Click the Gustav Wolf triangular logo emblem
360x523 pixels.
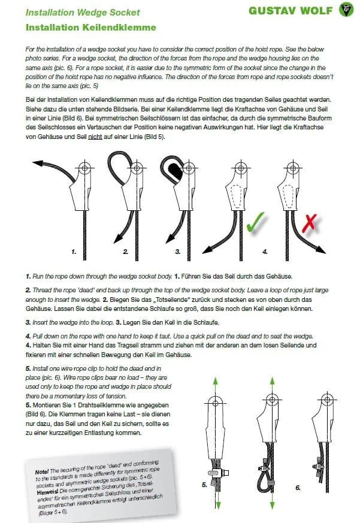(346, 10)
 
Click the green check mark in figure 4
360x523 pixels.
(255, 221)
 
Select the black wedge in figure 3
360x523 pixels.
(174, 171)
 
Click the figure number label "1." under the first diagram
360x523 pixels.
(74, 252)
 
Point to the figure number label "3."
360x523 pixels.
(177, 252)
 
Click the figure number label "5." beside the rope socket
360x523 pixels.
(204, 484)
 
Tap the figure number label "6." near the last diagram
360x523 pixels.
(298, 487)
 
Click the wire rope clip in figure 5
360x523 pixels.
(218, 472)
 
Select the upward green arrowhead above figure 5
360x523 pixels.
(216, 381)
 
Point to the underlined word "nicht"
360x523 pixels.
(95, 137)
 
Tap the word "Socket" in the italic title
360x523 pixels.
(125, 13)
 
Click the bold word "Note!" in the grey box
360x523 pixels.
(42, 472)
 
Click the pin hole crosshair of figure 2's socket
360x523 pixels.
(137, 167)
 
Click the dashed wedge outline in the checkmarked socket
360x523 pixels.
(237, 196)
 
